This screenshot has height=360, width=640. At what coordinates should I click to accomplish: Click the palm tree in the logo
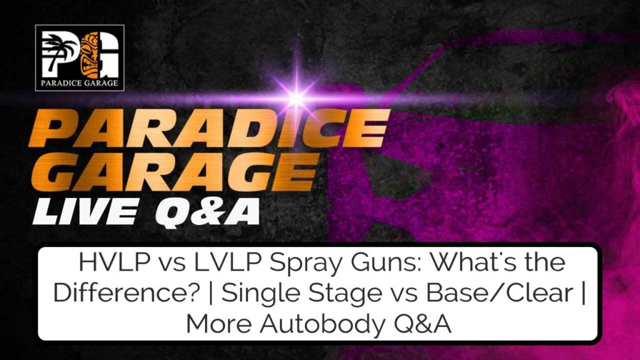click(x=59, y=50)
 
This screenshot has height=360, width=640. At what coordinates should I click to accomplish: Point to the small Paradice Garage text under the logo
click(x=80, y=80)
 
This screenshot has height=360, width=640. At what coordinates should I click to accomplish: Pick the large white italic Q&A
click(x=210, y=211)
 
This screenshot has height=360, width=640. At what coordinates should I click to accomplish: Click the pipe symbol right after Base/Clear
click(x=581, y=293)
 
